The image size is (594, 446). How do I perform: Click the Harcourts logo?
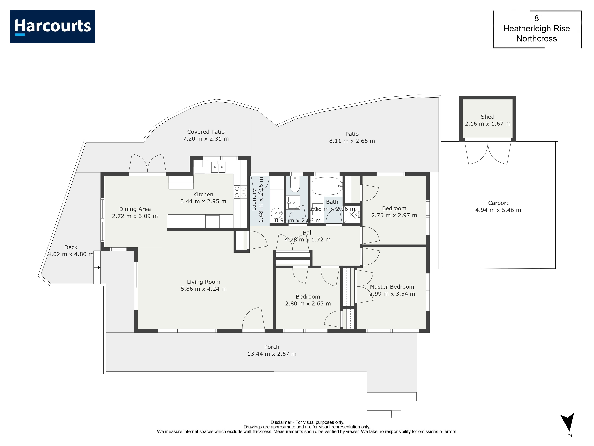point(52,27)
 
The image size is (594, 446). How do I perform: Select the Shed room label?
point(487,117)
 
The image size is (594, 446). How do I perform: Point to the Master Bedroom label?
point(392,287)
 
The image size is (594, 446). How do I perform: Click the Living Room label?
point(204,282)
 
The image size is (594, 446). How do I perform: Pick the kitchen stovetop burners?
point(240,192)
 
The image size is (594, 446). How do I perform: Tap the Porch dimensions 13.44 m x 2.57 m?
point(272,354)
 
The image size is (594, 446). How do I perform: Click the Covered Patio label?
point(206,132)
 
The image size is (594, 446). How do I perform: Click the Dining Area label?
point(135,209)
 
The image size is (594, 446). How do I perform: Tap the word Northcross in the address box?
point(537,39)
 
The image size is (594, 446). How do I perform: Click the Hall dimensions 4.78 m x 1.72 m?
point(308,240)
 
